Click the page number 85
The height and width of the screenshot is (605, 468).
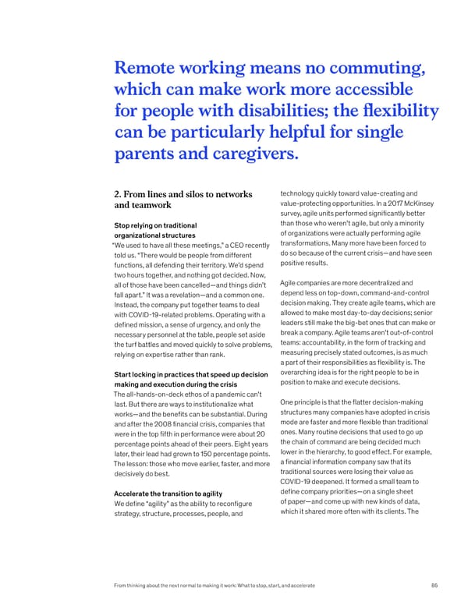click(x=434, y=586)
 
